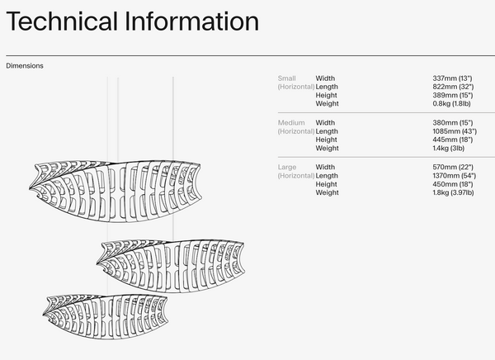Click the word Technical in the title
(x=62, y=21)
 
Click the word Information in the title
(x=192, y=21)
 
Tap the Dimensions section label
(x=25, y=66)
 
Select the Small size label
(x=286, y=78)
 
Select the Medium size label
(x=291, y=123)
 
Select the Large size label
(x=287, y=167)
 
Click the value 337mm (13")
(x=452, y=78)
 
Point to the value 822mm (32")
(x=453, y=87)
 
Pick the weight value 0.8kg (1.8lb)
(x=452, y=103)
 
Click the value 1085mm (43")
(x=455, y=131)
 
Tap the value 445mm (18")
(x=453, y=140)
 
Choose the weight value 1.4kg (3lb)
(x=449, y=148)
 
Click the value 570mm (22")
(x=453, y=167)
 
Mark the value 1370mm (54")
(x=455, y=175)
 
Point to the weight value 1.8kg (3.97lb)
(x=453, y=192)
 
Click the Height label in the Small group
(x=327, y=95)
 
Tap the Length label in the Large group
(x=327, y=176)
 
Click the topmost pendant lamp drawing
(x=115, y=192)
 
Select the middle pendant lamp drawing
(x=171, y=266)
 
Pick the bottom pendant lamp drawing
(x=106, y=317)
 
